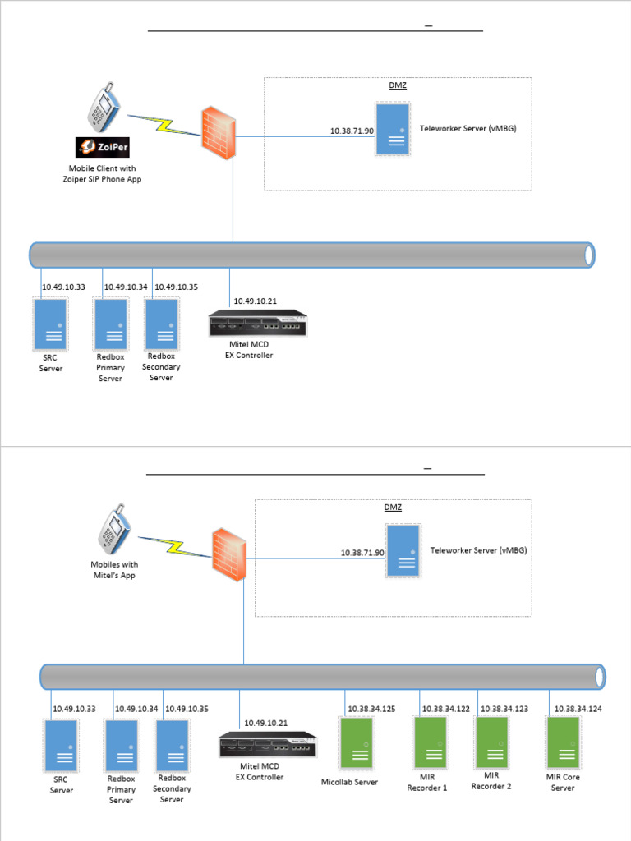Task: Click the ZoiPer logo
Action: (x=102, y=148)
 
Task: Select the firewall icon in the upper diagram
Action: (x=219, y=127)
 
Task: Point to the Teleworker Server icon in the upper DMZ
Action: (x=392, y=128)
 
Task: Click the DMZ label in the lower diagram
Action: (x=394, y=508)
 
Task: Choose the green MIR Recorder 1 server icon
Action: (x=430, y=742)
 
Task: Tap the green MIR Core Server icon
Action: (x=564, y=742)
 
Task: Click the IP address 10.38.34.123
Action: (x=504, y=708)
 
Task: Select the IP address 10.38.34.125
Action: (x=371, y=708)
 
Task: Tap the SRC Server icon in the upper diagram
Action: (x=50, y=323)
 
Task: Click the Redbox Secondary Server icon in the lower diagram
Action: (x=172, y=746)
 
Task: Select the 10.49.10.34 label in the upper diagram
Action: (x=126, y=287)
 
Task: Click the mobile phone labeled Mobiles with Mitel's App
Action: (x=115, y=532)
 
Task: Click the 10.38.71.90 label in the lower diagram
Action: (x=363, y=553)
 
